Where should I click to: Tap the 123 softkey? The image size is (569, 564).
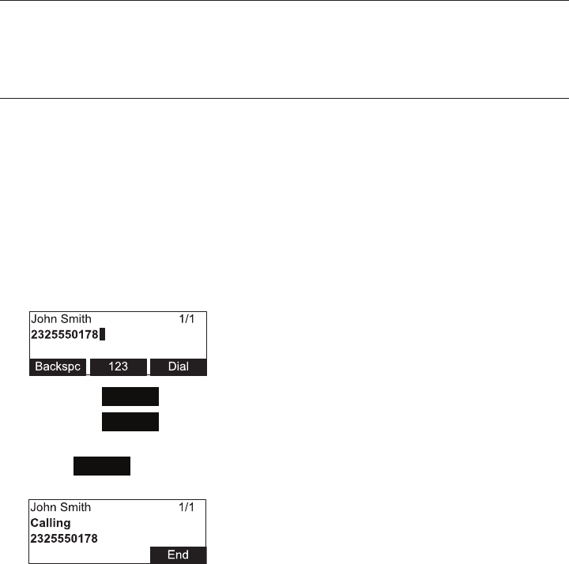(x=119, y=367)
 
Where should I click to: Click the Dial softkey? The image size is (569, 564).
(x=179, y=367)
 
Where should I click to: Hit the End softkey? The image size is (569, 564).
(x=178, y=555)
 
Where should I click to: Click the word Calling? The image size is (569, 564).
(x=51, y=523)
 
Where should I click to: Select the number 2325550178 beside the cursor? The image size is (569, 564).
(x=64, y=335)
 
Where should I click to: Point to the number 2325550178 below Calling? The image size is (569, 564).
(x=64, y=539)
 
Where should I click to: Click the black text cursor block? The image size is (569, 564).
(x=103, y=335)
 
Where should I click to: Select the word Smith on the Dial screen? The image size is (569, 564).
(x=75, y=319)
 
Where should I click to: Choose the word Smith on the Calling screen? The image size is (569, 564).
(x=75, y=507)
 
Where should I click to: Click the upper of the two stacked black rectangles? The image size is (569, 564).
(x=130, y=397)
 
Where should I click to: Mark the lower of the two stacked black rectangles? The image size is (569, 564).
(x=130, y=421)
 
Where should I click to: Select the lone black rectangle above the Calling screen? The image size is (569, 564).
(x=102, y=465)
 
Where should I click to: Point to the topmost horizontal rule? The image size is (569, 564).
(x=284, y=1)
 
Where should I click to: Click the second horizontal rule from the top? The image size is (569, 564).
(x=284, y=98)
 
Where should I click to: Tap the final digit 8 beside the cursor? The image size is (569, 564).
(x=95, y=335)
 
